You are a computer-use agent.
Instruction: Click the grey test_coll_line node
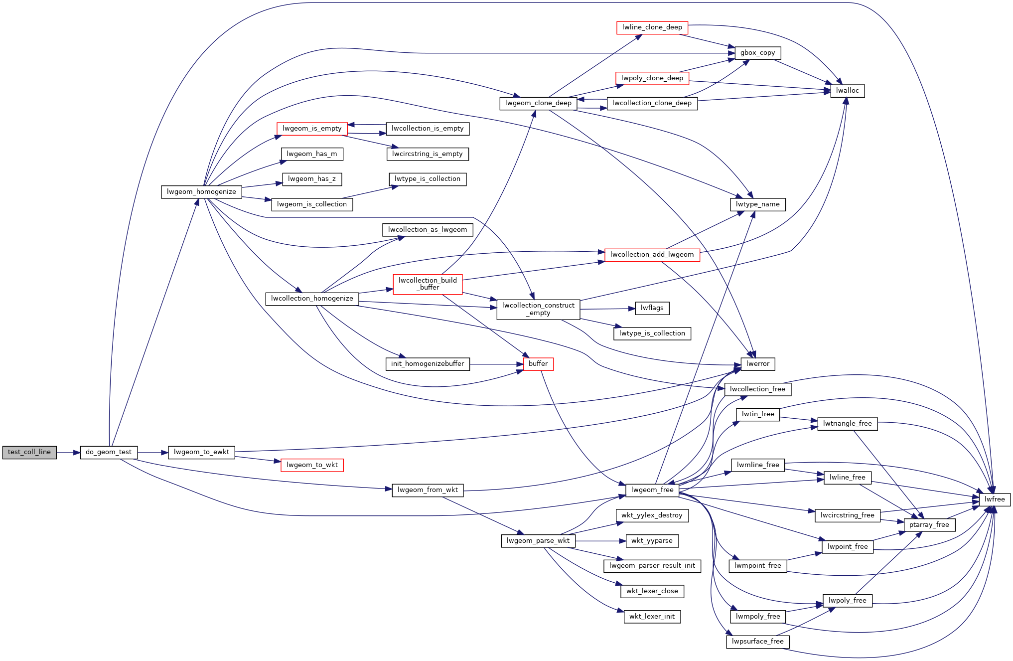click(29, 452)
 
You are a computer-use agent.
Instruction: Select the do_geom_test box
click(109, 452)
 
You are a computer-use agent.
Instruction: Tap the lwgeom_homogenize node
click(201, 192)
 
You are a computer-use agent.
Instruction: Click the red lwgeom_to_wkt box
click(312, 465)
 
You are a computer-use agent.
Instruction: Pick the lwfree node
click(994, 499)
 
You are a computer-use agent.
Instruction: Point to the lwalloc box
click(847, 91)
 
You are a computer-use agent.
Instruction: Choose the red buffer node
click(538, 364)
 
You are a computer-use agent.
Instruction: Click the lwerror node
click(757, 364)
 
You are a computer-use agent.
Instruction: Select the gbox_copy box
click(757, 53)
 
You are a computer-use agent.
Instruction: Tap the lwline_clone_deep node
click(652, 27)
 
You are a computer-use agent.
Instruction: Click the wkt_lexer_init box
click(652, 617)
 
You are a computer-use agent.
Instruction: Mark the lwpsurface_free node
click(757, 642)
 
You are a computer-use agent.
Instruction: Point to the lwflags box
click(652, 308)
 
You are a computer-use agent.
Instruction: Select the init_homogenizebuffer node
click(427, 364)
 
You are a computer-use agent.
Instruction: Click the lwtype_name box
click(757, 204)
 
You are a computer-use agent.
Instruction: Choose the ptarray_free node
click(929, 525)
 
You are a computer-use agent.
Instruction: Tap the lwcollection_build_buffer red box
click(428, 284)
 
